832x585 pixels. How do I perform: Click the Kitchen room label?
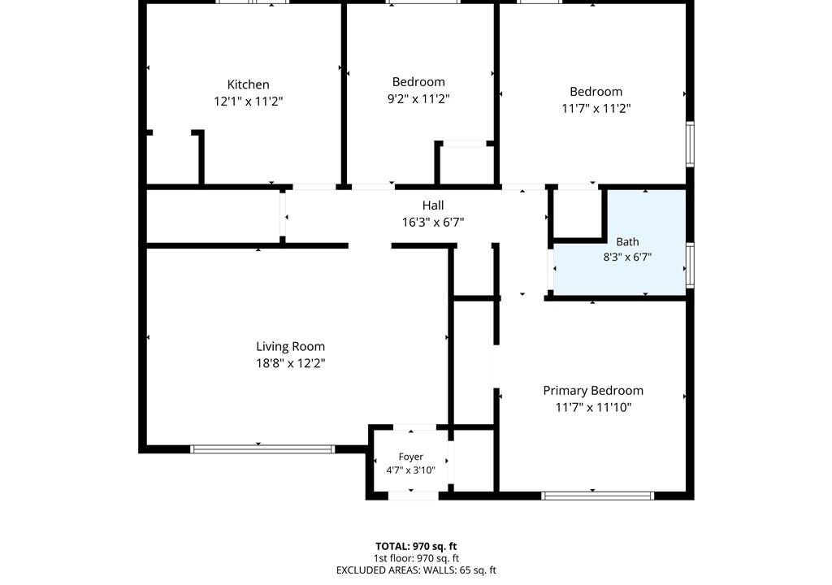(x=249, y=84)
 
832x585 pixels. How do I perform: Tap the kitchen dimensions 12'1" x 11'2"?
(x=249, y=102)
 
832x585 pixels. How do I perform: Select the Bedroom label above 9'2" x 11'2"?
(x=418, y=82)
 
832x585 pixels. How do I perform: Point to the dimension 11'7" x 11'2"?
(x=596, y=108)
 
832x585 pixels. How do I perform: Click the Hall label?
(x=433, y=206)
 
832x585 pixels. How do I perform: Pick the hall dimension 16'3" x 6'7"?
(x=433, y=223)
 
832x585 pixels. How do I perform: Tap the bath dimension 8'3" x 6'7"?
(x=627, y=258)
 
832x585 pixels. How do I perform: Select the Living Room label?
(x=290, y=347)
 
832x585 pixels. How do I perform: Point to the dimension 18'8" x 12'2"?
(x=290, y=364)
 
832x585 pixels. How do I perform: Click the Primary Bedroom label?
(x=593, y=391)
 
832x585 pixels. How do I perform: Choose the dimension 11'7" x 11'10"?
(x=593, y=408)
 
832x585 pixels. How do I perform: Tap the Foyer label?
(x=410, y=457)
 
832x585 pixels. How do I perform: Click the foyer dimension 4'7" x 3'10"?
(x=410, y=470)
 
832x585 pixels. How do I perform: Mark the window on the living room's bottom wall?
(x=262, y=449)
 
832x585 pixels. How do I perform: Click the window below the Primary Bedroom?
(x=597, y=496)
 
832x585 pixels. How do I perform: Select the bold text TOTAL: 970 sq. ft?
(x=416, y=546)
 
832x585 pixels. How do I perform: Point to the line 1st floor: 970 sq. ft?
(x=416, y=558)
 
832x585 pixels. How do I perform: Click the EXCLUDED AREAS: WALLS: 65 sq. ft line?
(x=416, y=570)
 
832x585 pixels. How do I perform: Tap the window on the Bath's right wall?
(x=690, y=266)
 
